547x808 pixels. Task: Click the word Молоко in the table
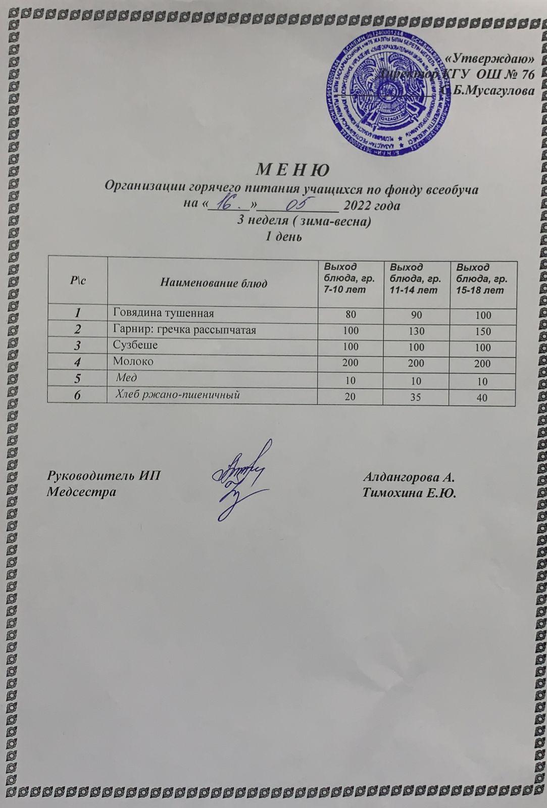click(134, 362)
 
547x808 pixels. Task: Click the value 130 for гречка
click(417, 331)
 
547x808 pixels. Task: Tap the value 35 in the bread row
click(417, 397)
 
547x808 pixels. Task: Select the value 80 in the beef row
click(350, 314)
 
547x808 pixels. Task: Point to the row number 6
click(77, 396)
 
